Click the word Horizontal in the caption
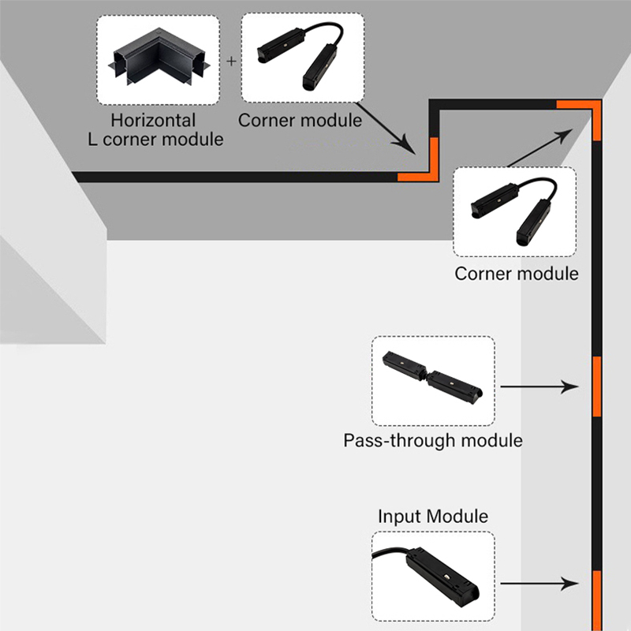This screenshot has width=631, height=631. [x=153, y=121]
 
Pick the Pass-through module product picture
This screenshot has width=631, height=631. [x=433, y=381]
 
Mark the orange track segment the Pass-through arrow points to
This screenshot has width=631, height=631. [x=596, y=386]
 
